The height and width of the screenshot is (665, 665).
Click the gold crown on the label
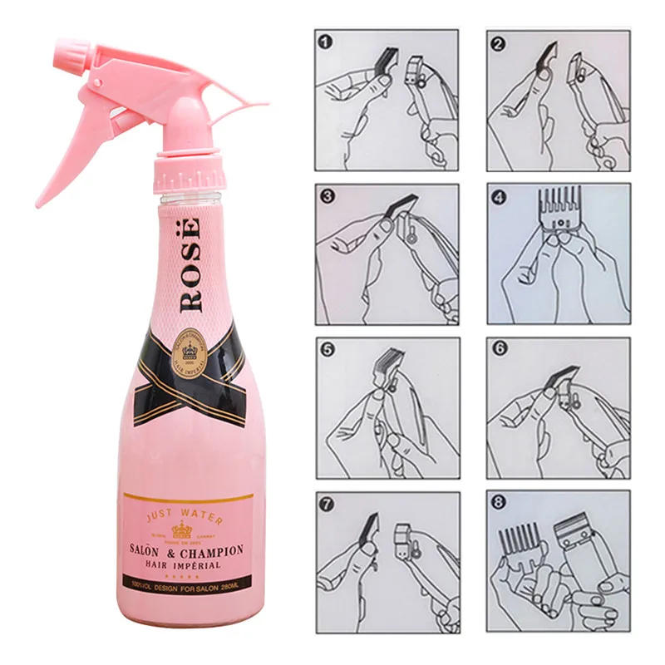tap(181, 531)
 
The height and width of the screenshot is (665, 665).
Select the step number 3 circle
tap(327, 196)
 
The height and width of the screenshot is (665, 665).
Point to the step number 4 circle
tap(499, 197)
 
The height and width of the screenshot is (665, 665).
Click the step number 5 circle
tap(327, 349)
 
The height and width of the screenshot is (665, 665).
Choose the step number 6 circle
tap(499, 349)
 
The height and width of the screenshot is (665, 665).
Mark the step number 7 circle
tap(327, 503)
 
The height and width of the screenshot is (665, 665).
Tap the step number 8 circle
tap(499, 503)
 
